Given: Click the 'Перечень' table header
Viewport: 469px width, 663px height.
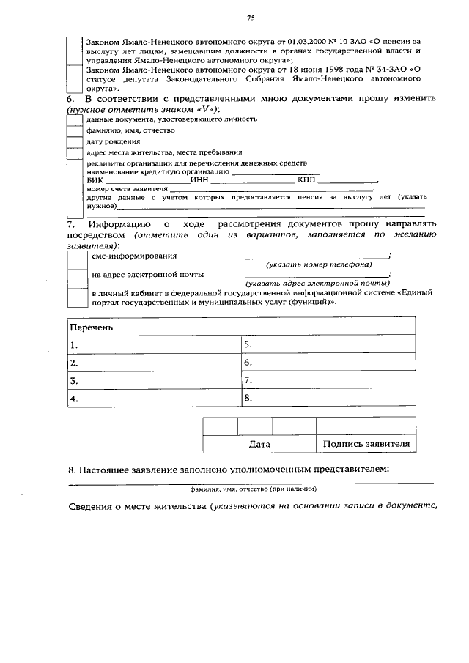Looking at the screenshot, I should pyautogui.click(x=92, y=327).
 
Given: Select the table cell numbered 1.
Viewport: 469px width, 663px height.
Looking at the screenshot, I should pyautogui.click(x=153, y=344).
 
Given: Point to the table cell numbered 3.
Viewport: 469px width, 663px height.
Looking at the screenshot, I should pyautogui.click(x=153, y=380).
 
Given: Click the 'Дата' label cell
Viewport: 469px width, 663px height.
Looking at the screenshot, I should pyautogui.click(x=259, y=444).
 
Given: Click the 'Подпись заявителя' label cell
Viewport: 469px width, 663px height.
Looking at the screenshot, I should pyautogui.click(x=366, y=444).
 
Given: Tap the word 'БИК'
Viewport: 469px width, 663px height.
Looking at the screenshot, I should pyautogui.click(x=95, y=180).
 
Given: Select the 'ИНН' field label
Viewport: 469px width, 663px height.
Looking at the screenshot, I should pyautogui.click(x=199, y=180).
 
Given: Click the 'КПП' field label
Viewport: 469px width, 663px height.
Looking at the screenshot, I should pyautogui.click(x=306, y=180).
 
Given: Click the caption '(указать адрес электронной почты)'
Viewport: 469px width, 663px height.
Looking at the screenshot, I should pyautogui.click(x=317, y=283).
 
